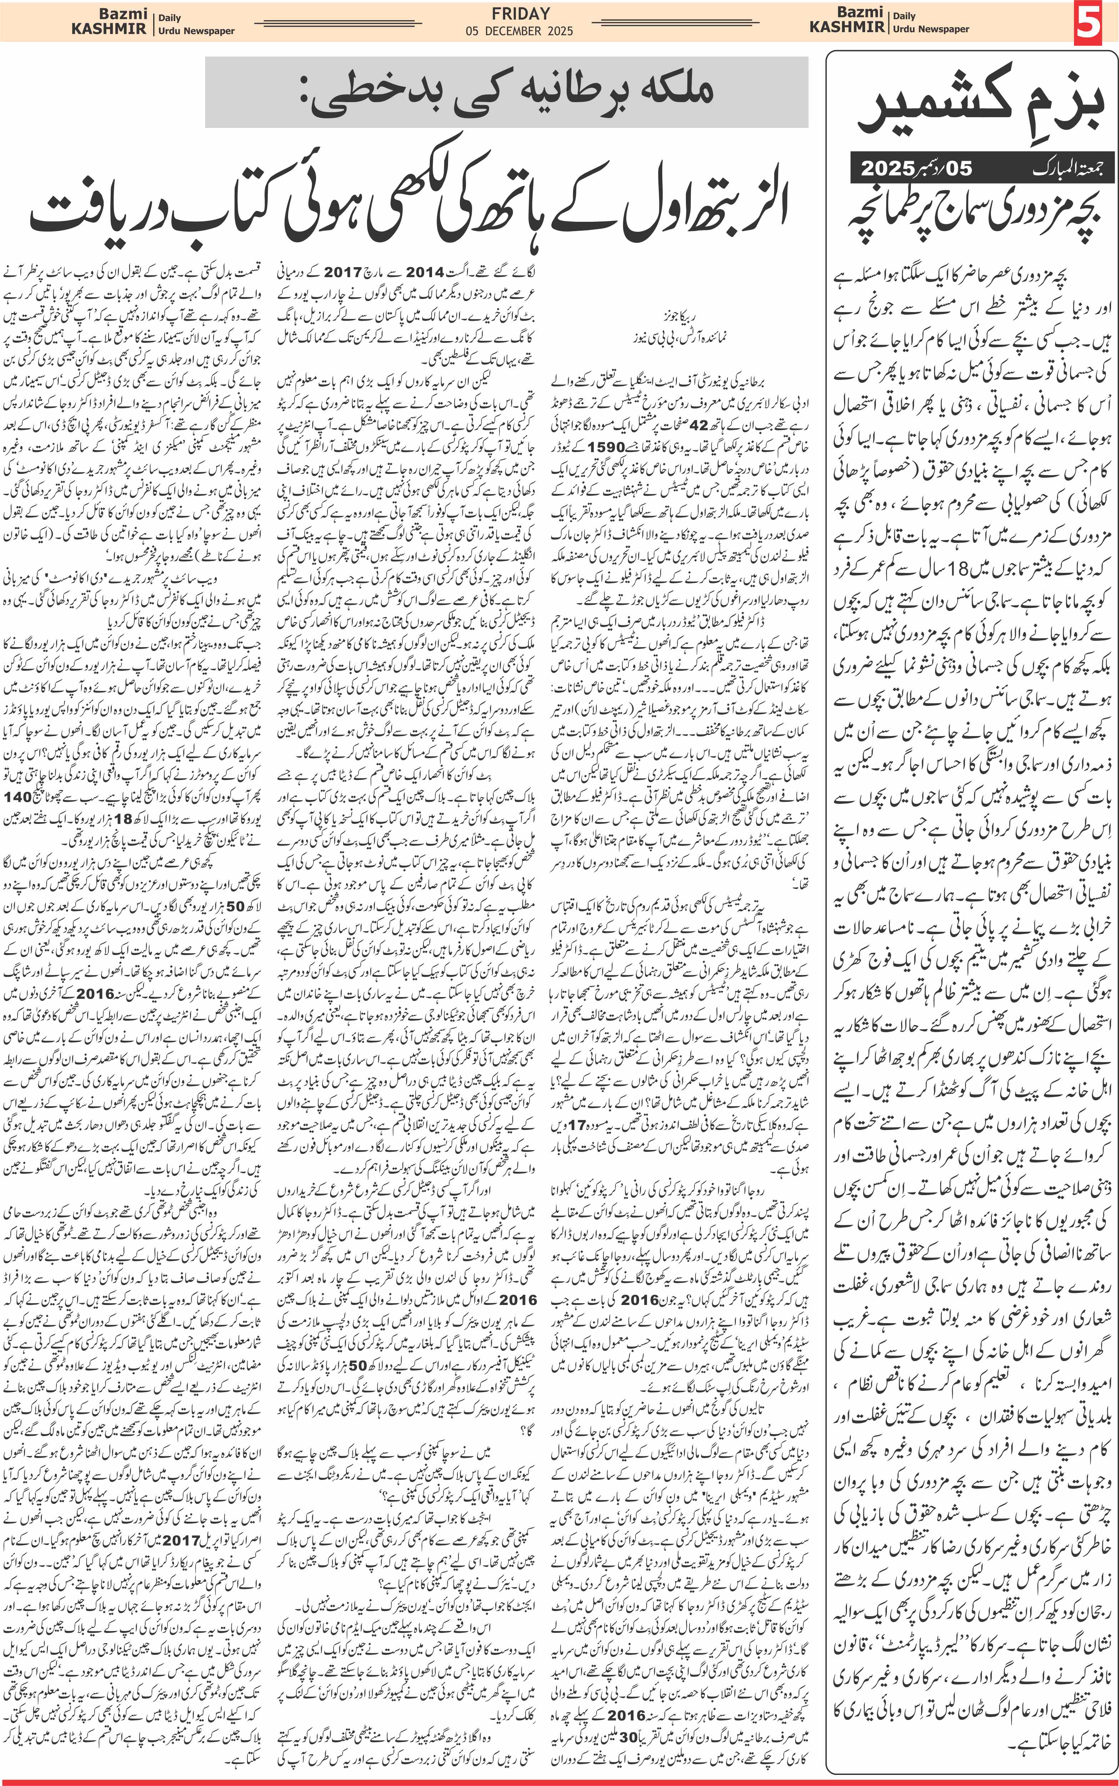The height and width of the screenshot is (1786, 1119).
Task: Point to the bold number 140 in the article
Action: coord(19,797)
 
